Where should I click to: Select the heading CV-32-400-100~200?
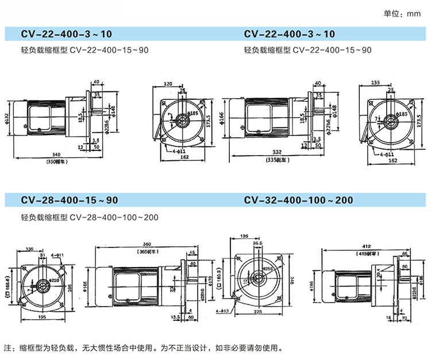298,200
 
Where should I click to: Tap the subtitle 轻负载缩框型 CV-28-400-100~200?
89,218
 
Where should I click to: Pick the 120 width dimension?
168,84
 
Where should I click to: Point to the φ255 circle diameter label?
268,269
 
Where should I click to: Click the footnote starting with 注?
144,348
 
